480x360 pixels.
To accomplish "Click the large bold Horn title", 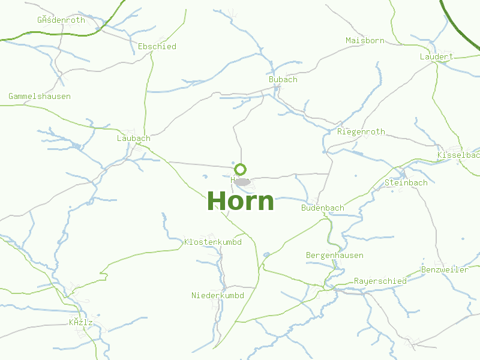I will (x=240, y=201).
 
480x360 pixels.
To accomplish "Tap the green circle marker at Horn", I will (x=240, y=169).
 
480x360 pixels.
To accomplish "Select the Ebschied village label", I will (x=157, y=46).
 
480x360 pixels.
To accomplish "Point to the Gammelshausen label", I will (x=40, y=96).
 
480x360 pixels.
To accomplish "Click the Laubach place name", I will (x=133, y=138).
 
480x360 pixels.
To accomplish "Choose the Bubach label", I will (x=283, y=79).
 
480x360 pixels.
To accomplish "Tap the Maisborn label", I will (x=365, y=41).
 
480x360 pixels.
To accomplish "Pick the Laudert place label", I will (x=436, y=56).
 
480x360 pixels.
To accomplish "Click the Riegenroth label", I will (x=361, y=131).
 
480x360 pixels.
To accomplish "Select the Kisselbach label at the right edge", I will (x=458, y=155).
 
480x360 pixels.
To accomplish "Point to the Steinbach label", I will (x=406, y=182).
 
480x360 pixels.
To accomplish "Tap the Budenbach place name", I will (x=323, y=208).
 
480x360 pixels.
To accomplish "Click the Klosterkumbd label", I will (x=213, y=242).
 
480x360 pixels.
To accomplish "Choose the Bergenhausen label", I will (x=335, y=255).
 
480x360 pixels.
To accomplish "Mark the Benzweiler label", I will (x=445, y=269).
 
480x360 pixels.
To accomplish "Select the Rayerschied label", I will (x=380, y=281).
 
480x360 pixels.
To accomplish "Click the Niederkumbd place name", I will (x=218, y=295).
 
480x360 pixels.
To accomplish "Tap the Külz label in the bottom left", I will (x=81, y=323).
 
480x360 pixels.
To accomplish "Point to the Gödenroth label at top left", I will (x=61, y=20).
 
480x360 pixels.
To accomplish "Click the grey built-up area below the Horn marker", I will (x=242, y=181).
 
